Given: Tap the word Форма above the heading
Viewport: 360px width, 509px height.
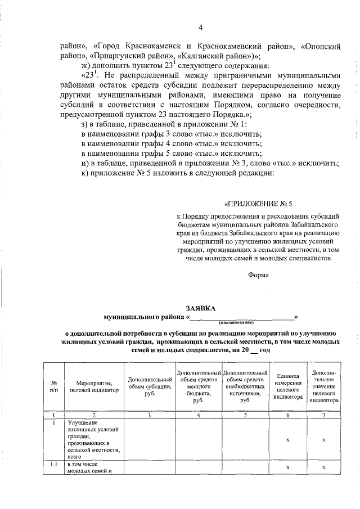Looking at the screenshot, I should pyautogui.click(x=258, y=275).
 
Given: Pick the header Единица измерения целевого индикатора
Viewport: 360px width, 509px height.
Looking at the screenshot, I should pyautogui.click(x=287, y=386).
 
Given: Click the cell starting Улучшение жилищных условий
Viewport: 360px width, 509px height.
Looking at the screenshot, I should pyautogui.click(x=91, y=439).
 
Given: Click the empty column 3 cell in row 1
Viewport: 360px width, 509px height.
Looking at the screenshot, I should pyautogui.click(x=149, y=439).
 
